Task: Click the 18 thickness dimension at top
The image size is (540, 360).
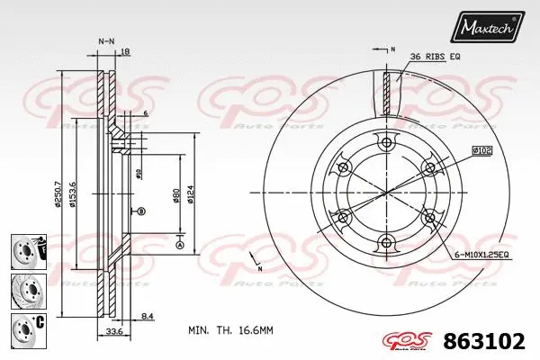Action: tap(125, 53)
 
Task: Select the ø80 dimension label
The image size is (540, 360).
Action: tap(175, 194)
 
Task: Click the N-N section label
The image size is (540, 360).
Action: tap(106, 41)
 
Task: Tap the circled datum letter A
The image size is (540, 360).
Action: tap(179, 246)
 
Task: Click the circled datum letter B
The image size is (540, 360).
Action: tap(141, 211)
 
